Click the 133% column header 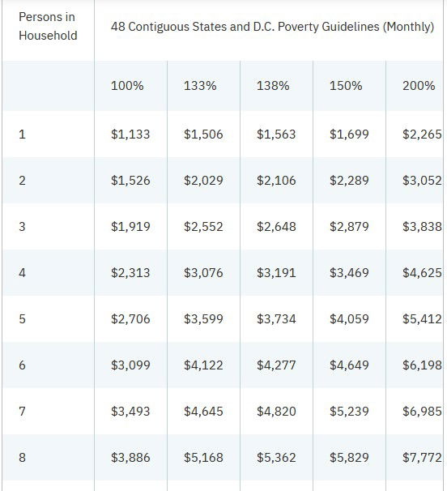coord(200,86)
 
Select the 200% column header coord(419,86)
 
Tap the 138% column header coord(273,86)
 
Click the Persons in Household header coord(48,26)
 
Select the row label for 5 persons coord(22,318)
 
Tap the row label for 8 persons coord(22,457)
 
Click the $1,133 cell coord(130,134)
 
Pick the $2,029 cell coord(203,181)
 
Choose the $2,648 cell coord(276,226)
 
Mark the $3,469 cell coord(349,273)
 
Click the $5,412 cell coord(422,318)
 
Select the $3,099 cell coord(130,365)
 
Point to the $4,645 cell coord(203,411)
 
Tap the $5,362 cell coord(276,457)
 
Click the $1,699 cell coord(349,134)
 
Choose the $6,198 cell coord(422,365)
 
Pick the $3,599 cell coord(203,318)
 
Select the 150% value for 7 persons coord(349,411)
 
